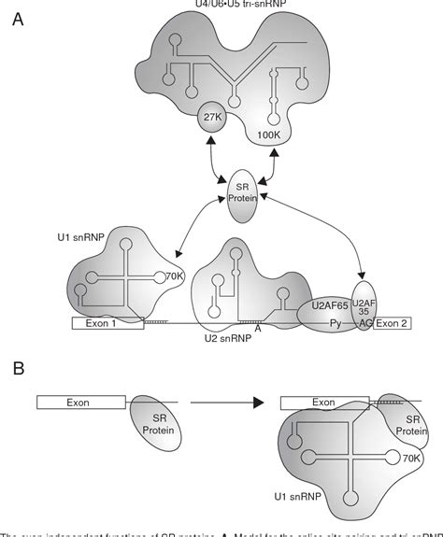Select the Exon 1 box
[107, 324]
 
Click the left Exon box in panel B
[80, 403]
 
